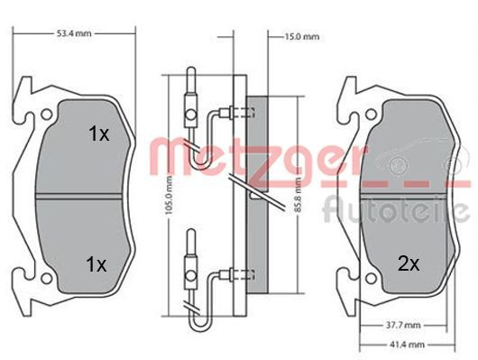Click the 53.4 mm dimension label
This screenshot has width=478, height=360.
tap(74, 33)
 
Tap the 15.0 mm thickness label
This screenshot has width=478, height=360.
tap(302, 37)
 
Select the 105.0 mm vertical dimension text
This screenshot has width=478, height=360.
tap(170, 195)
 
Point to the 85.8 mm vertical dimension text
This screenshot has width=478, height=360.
tap(299, 195)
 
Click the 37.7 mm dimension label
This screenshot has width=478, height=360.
tap(403, 325)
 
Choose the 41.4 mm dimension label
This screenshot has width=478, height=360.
tap(407, 345)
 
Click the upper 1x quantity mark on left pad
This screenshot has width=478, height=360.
tap(99, 134)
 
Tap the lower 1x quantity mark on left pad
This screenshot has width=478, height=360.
tap(97, 264)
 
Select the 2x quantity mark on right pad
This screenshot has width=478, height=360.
tap(409, 264)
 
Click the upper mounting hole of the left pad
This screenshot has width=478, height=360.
tap(47, 115)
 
